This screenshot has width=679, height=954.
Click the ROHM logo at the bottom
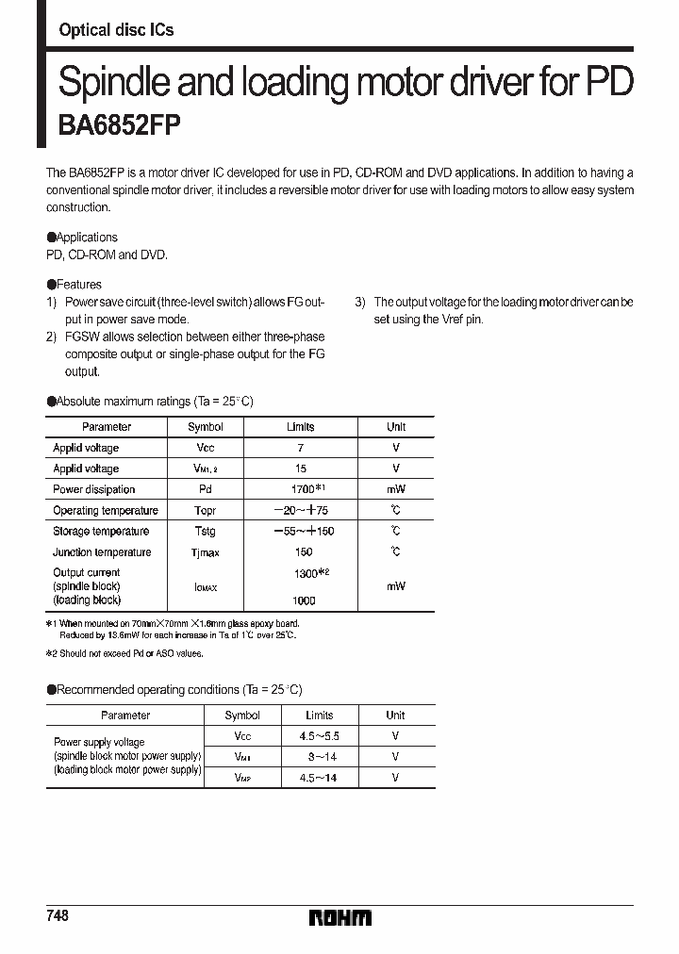pyautogui.click(x=339, y=917)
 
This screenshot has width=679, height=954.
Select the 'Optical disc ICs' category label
pyautogui.click(x=116, y=30)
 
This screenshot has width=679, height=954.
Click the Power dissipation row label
pyautogui.click(x=93, y=489)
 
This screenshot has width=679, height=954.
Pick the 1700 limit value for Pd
pyautogui.click(x=302, y=489)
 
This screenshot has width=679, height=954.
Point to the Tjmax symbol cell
pyautogui.click(x=205, y=552)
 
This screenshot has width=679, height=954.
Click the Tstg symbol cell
pyautogui.click(x=205, y=532)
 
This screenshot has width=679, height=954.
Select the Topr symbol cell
pyautogui.click(x=205, y=510)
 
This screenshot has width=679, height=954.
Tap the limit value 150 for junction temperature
pyautogui.click(x=303, y=552)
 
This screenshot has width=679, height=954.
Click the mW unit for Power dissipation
pyautogui.click(x=395, y=489)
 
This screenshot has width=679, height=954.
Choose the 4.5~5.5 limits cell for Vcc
pyautogui.click(x=319, y=735)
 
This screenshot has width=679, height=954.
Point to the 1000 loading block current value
pyautogui.click(x=303, y=600)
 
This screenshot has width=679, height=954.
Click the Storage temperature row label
pyautogui.click(x=101, y=532)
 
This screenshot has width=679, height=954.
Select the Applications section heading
pyautogui.click(x=87, y=238)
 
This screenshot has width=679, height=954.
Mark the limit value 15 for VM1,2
pyautogui.click(x=301, y=469)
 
